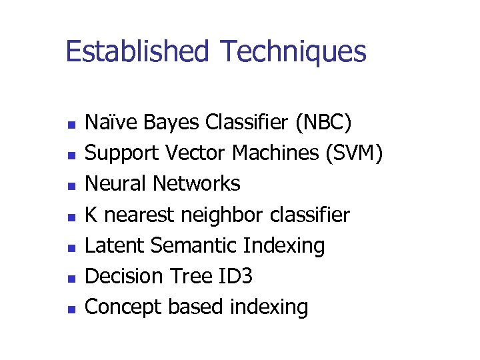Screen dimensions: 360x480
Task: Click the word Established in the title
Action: pos(137,51)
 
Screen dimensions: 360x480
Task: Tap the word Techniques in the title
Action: pos(293,51)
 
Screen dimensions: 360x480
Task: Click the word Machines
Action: pos(275,153)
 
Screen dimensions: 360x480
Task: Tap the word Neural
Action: pos(117,183)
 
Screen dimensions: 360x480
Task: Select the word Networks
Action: pos(197,183)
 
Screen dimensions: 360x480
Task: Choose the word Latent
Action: pos(116,245)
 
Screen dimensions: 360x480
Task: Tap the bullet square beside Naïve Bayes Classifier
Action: pos(69,125)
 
